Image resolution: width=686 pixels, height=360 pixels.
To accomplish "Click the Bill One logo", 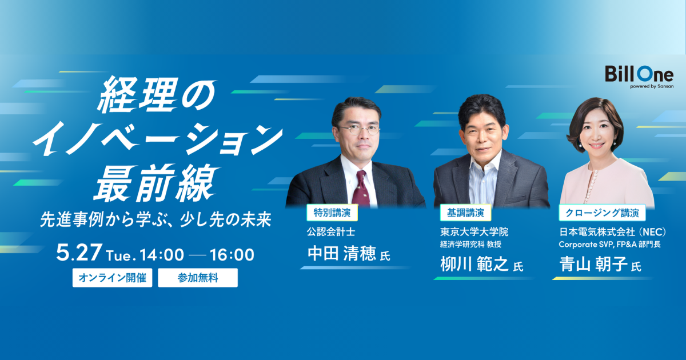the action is coord(639,77).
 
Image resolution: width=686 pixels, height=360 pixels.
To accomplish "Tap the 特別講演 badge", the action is coord(332,213).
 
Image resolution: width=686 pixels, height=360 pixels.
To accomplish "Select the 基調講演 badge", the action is coord(465,213).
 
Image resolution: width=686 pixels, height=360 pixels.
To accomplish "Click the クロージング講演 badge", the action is coord(602,213).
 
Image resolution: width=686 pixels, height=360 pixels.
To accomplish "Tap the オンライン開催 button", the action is coord(113,278).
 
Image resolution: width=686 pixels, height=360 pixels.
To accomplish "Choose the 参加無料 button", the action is coord(198,278).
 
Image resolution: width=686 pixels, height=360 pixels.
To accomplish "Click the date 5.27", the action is coord(79,253).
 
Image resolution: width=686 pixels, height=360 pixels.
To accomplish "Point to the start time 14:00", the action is coord(162,255).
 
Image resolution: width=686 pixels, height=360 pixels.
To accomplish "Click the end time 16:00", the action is coord(232,255).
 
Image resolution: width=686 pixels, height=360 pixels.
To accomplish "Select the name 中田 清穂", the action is coord(341,254).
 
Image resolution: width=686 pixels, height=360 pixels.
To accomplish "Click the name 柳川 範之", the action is coord(474,264).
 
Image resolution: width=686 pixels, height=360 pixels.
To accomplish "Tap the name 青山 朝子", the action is coord(593,264).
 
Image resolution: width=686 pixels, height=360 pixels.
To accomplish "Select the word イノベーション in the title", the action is coord(158,138).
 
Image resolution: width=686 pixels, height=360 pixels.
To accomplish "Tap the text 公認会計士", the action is coord(331,232).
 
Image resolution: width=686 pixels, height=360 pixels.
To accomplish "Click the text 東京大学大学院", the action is coord(474,232).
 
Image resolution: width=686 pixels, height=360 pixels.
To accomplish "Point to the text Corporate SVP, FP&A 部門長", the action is coord(610,245).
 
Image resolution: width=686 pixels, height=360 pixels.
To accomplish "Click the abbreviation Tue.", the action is coord(121,255).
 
